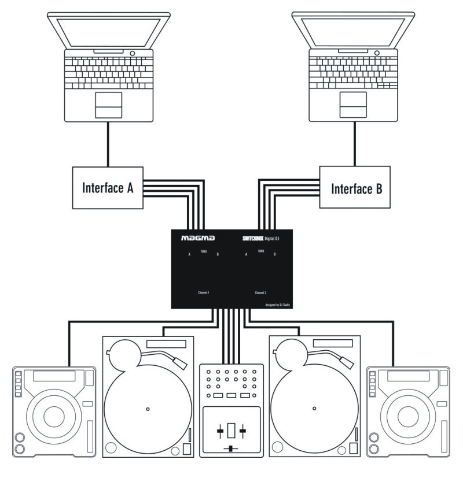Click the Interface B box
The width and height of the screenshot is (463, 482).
(355, 187)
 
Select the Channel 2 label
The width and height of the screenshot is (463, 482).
(262, 293)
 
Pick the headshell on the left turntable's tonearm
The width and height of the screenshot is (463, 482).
(181, 362)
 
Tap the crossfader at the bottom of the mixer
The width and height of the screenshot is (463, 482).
(231, 449)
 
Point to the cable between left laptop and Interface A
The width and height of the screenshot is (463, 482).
(108, 145)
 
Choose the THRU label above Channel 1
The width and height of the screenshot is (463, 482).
(203, 251)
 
